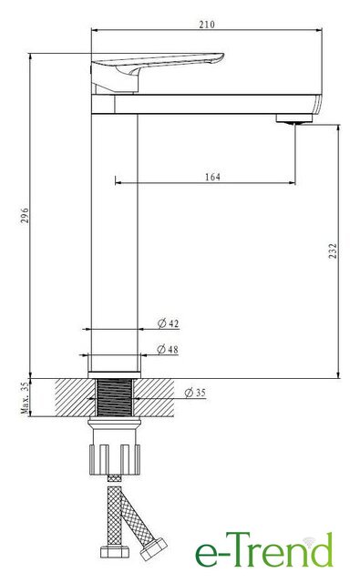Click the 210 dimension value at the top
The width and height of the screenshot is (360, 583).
tap(207, 25)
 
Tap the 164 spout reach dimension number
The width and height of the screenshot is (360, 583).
tap(212, 177)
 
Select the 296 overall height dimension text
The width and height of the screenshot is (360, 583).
tap(25, 215)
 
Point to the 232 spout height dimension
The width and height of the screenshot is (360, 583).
tap(333, 251)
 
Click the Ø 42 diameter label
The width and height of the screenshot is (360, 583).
tap(168, 323)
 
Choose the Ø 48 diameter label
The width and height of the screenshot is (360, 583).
tap(168, 349)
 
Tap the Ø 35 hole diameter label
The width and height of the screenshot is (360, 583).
tap(195, 393)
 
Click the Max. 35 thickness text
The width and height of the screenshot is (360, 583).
tap(25, 398)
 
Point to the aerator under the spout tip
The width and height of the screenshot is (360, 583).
tap(294, 118)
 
